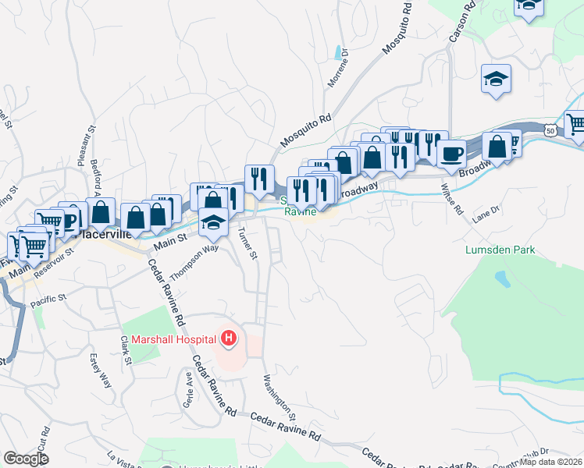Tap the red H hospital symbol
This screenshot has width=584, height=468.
tap(229, 339)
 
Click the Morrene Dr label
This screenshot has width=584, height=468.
tap(337, 73)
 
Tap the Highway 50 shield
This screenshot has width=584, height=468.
tap(551, 130)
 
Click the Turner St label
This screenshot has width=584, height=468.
tap(247, 243)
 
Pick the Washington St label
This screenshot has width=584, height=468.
tap(278, 395)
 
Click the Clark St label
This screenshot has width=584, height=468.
tap(124, 350)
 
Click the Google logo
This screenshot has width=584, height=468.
tap(27, 459)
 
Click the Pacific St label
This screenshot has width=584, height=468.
tap(45, 300)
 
